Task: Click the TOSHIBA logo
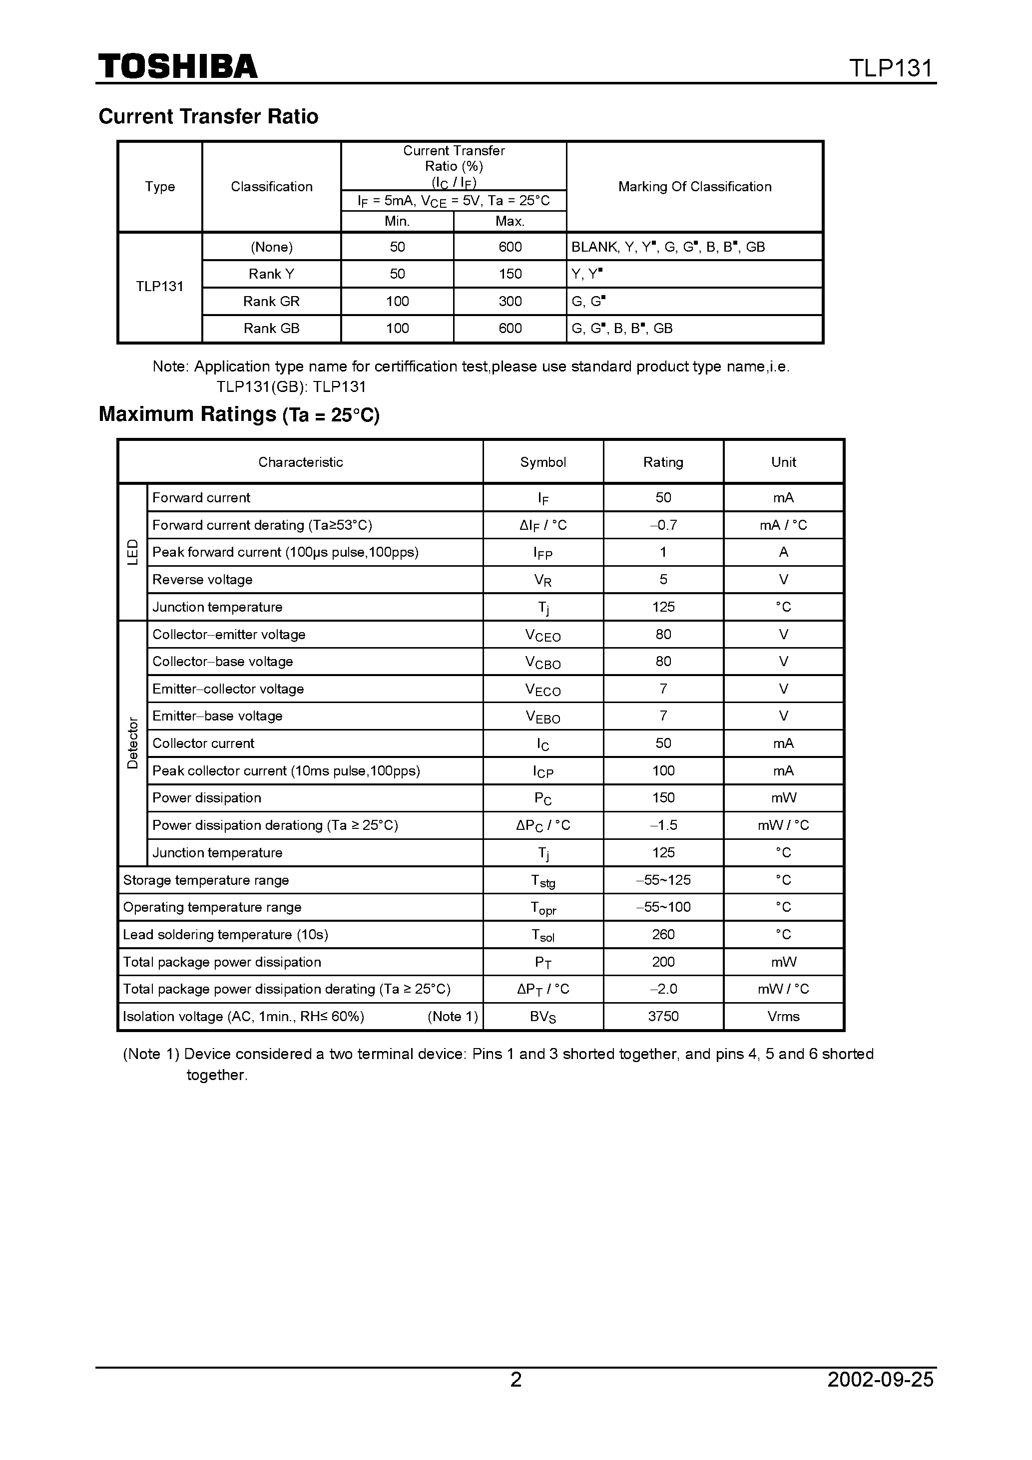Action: (177, 67)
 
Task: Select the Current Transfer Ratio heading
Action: (208, 116)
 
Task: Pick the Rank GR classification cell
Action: (271, 302)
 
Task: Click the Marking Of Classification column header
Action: (694, 187)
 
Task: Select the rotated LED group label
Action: (132, 552)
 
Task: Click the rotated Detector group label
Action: (132, 742)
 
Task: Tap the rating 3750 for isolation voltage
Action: (663, 1016)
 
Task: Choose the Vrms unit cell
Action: (783, 1016)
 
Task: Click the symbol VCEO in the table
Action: (542, 635)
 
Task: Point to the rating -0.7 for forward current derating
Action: (663, 525)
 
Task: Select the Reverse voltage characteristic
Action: (202, 580)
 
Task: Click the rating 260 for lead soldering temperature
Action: (663, 935)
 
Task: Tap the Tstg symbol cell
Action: (542, 881)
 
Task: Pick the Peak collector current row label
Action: (286, 771)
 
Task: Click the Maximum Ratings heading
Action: (239, 414)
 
